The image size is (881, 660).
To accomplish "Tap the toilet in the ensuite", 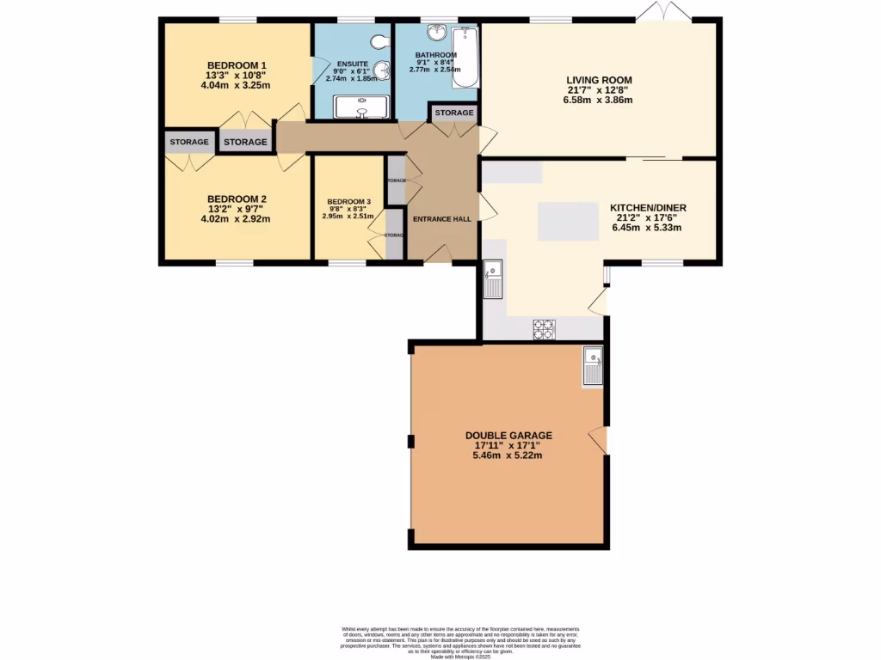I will click(x=380, y=42).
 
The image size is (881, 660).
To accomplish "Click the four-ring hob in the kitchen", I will click(x=545, y=329).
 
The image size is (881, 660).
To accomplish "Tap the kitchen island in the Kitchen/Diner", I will click(x=567, y=222).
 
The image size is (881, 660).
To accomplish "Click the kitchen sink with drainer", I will click(x=493, y=279).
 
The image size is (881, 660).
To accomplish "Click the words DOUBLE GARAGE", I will click(x=508, y=436).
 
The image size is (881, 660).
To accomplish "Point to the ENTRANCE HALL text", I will click(x=441, y=219).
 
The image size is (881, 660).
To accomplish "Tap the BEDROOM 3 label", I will click(x=348, y=203).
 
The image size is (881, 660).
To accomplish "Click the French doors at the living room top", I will click(x=663, y=13).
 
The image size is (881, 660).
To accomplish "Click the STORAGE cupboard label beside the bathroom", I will click(x=453, y=113).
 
